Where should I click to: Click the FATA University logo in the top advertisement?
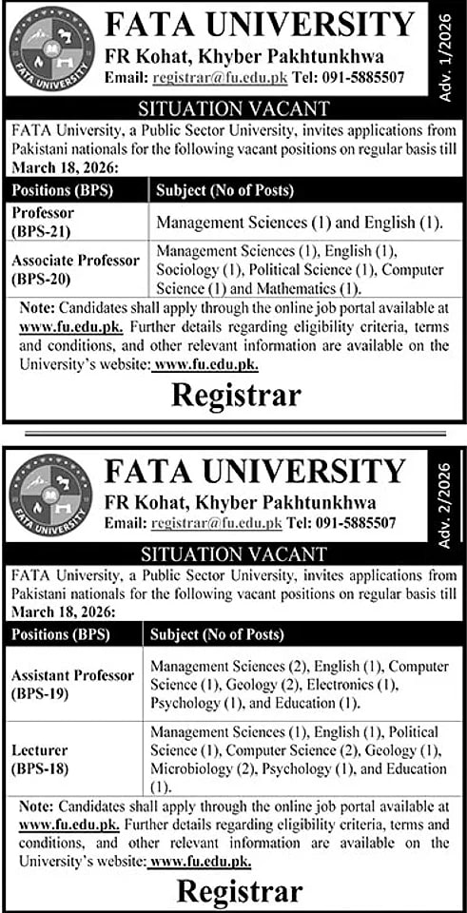52,48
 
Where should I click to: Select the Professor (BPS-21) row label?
48,222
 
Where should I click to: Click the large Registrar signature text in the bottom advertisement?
240,891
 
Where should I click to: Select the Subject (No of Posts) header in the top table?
225,190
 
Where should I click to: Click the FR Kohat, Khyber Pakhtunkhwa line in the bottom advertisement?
241,502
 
